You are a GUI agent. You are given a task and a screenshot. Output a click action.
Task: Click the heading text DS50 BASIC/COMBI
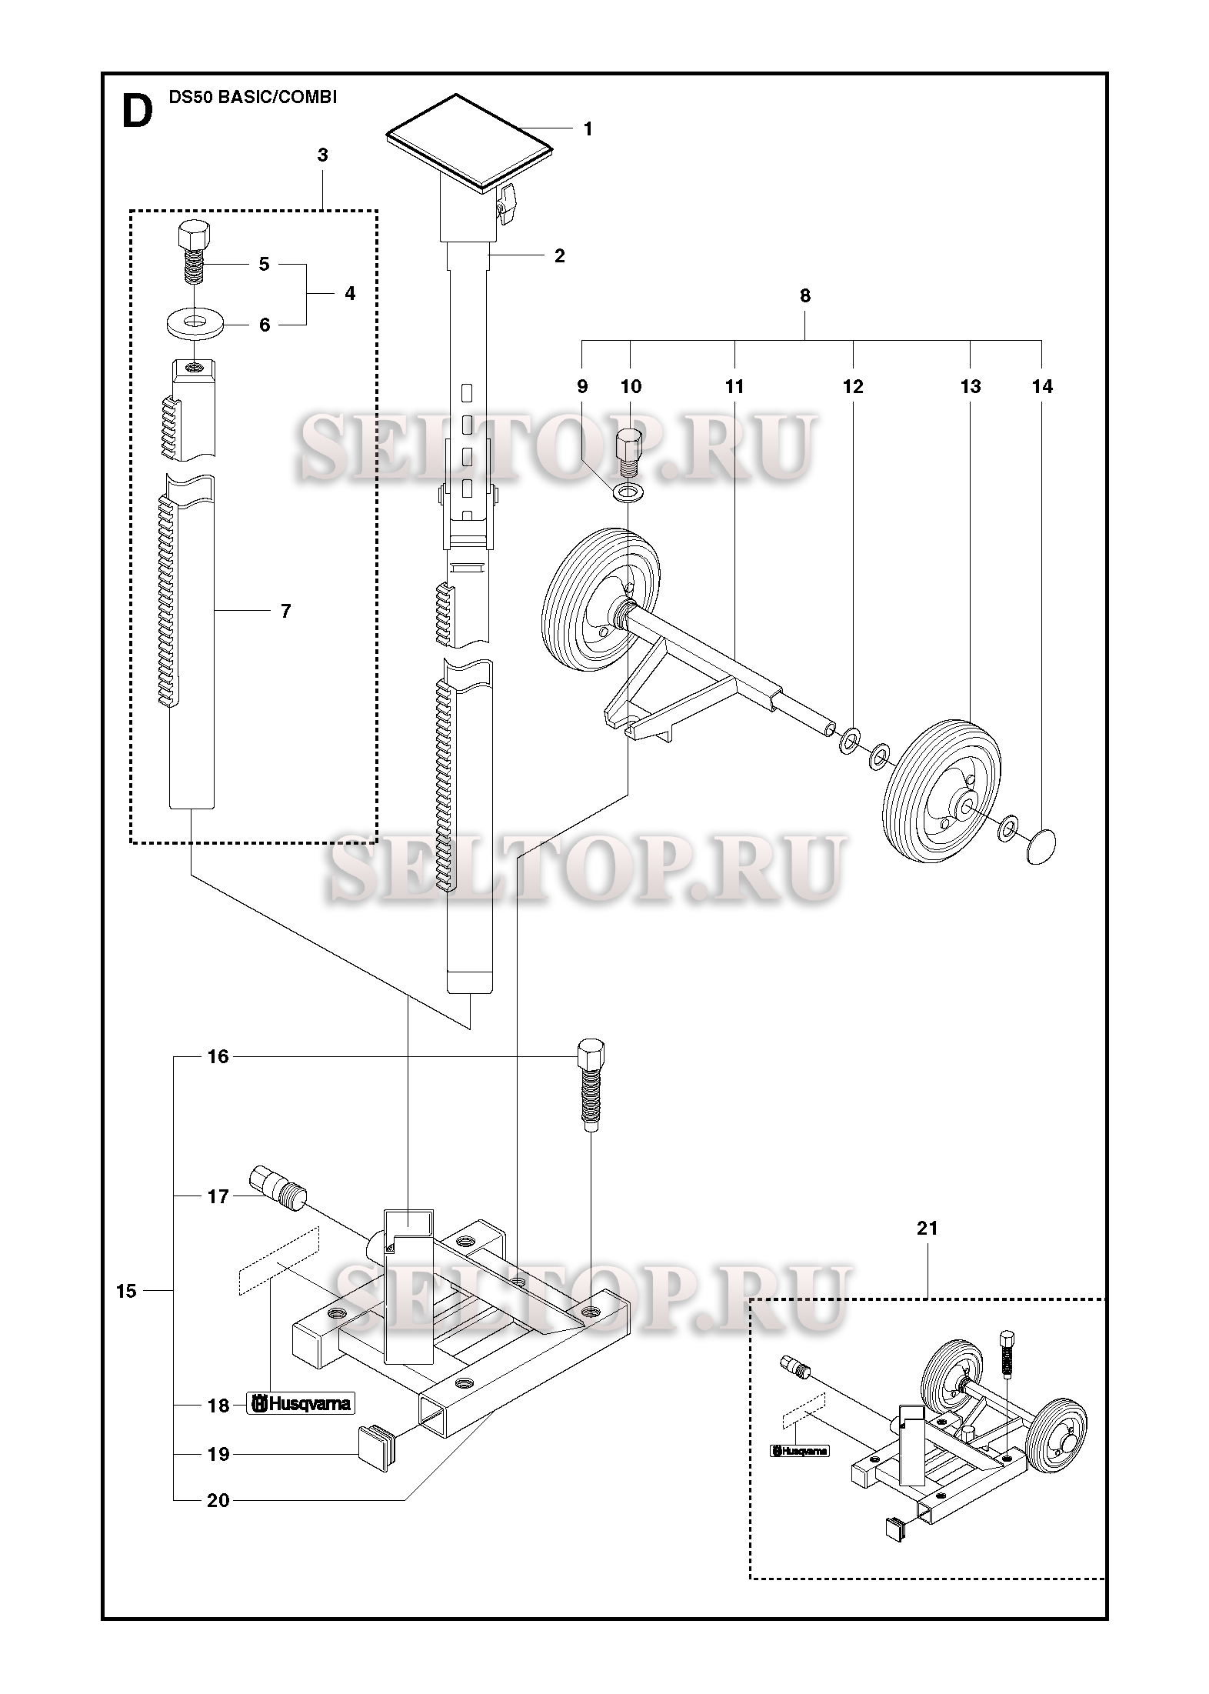[x=252, y=97]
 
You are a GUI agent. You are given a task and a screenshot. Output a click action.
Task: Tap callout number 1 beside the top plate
[x=588, y=129]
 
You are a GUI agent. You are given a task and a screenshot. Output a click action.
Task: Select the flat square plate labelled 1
[x=470, y=142]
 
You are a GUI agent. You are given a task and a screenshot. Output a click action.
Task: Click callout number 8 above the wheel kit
[x=805, y=295]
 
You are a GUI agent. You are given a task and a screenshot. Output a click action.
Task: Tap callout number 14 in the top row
[x=1042, y=386]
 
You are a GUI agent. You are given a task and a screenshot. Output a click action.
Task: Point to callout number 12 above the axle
[x=853, y=386]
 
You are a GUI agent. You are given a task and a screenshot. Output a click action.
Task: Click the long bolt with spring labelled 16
[x=590, y=1085]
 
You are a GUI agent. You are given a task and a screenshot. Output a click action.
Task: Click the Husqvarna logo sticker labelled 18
[x=301, y=1404]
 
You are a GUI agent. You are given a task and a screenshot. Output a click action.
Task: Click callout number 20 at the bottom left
[x=218, y=1499]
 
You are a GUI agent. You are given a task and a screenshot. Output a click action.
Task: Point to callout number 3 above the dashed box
[x=322, y=155]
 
